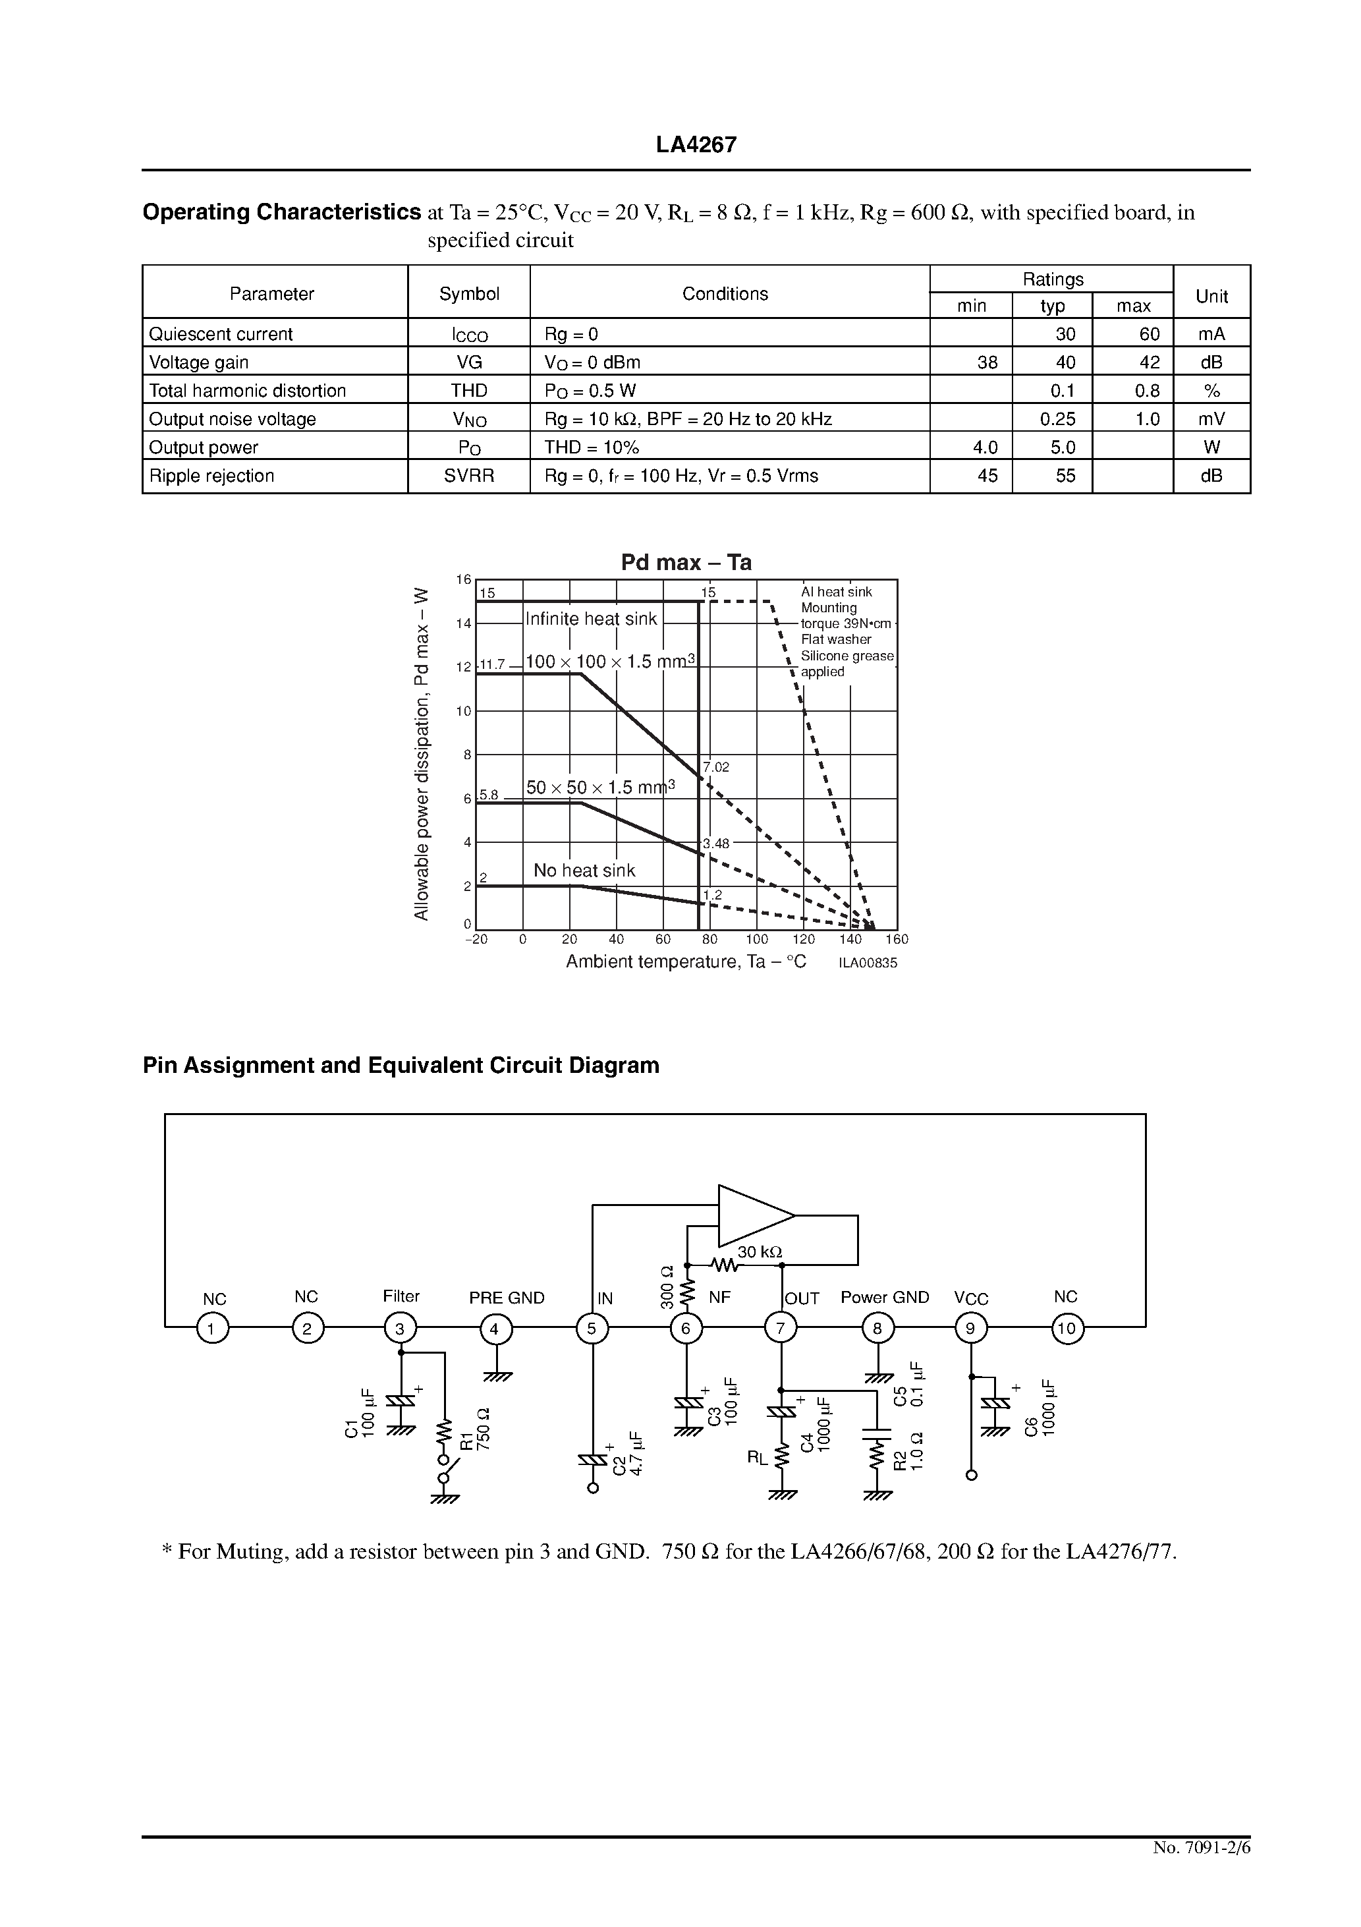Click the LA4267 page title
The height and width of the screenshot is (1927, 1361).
click(696, 145)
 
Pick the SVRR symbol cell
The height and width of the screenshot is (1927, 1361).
click(469, 476)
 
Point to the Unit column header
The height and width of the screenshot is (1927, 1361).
click(1211, 295)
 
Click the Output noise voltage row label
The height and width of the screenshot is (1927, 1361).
click(233, 418)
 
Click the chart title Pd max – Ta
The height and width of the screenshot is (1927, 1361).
click(686, 562)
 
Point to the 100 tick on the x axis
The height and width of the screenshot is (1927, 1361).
click(757, 940)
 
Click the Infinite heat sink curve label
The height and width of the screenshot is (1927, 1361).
click(591, 619)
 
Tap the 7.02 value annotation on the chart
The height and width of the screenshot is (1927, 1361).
click(717, 767)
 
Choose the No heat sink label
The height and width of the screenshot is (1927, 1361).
click(584, 871)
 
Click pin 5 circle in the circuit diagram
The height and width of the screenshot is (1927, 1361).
click(592, 1329)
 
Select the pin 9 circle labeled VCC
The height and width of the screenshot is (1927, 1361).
click(972, 1329)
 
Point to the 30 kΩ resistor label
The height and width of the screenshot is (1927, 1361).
click(760, 1251)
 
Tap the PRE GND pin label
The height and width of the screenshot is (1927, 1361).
click(507, 1298)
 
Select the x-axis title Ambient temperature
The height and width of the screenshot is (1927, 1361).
click(686, 962)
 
